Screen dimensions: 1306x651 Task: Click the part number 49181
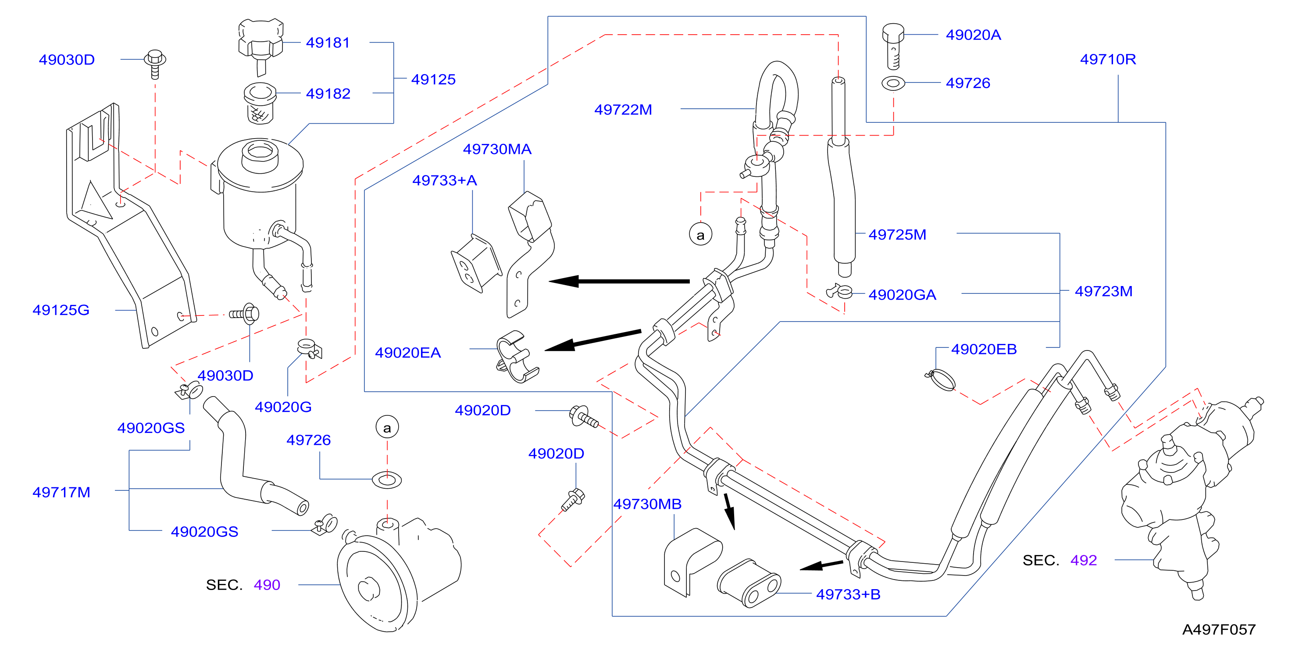328,43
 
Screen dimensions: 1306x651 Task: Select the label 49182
328,94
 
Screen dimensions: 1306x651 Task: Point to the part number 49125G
61,310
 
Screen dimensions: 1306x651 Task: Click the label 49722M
623,110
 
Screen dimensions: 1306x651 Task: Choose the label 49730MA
497,149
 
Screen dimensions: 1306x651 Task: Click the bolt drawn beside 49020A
893,46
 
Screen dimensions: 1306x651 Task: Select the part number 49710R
1108,59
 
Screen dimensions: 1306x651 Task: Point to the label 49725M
897,235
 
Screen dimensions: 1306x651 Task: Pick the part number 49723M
1103,292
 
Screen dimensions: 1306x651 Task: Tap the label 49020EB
984,349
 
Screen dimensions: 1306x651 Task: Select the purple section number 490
267,585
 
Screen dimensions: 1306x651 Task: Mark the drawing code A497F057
1219,630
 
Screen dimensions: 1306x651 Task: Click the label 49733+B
848,594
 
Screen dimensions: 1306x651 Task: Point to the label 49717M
61,492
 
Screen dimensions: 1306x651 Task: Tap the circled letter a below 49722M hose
700,235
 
